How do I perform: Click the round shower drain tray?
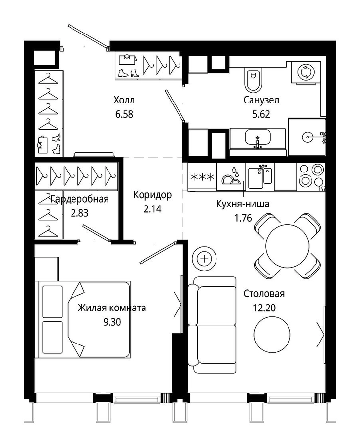pyautogui.click(x=308, y=137)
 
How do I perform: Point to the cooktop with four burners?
pyautogui.click(x=311, y=176)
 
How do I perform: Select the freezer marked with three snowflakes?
pyautogui.click(x=202, y=177)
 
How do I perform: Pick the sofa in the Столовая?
pyautogui.click(x=212, y=325)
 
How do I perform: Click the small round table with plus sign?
pyautogui.click(x=204, y=259)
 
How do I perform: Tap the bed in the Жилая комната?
pyautogui.click(x=82, y=319)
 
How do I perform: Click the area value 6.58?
pyautogui.click(x=124, y=114)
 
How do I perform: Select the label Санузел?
pyautogui.click(x=261, y=100)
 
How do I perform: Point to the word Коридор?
pyautogui.click(x=152, y=195)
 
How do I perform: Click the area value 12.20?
pyautogui.click(x=264, y=308)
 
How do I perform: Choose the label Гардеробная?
pyautogui.click(x=79, y=199)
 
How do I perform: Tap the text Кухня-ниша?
pyautogui.click(x=243, y=204)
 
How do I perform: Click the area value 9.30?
pyautogui.click(x=112, y=322)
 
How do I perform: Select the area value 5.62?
pyautogui.click(x=261, y=114)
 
